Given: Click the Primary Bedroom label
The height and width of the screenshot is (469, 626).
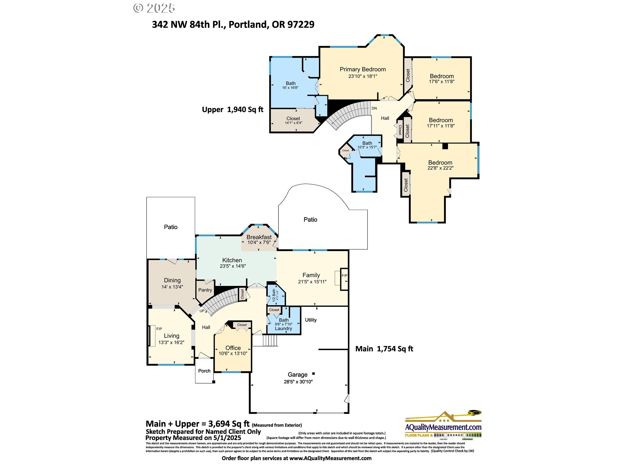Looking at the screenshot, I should tap(363, 69).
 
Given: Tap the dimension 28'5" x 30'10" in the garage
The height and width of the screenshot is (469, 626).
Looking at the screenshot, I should tap(298, 382).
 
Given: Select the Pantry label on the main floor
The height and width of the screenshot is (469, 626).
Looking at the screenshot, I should tap(205, 290).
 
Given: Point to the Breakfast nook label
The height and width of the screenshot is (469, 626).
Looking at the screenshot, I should tap(259, 237).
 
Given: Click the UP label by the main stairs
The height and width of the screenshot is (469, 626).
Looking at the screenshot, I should tap(202, 311).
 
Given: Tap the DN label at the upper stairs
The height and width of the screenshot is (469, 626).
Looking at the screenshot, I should tap(374, 108).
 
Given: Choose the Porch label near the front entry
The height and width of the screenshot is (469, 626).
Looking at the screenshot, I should tap(204, 371).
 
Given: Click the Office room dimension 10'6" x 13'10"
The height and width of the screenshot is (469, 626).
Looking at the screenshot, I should tap(233, 353).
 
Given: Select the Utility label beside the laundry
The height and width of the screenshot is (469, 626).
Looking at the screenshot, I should tap(311, 320).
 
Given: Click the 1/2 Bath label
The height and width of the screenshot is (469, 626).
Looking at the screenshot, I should tap(274, 295).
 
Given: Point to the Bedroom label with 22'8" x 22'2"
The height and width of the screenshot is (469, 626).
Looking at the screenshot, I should tap(440, 163).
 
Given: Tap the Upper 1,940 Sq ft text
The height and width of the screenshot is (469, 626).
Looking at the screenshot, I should tap(232, 110).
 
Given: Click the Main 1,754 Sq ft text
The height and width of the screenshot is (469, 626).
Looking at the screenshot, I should tap(384, 349).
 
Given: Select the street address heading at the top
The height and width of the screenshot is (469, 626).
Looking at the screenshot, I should tap(233, 24).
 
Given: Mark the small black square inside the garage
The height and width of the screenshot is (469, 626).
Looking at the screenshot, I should tap(313, 374).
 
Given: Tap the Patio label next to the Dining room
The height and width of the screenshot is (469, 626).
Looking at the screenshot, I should tap(171, 227).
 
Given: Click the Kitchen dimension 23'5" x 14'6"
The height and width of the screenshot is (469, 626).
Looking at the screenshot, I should tap(232, 266).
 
